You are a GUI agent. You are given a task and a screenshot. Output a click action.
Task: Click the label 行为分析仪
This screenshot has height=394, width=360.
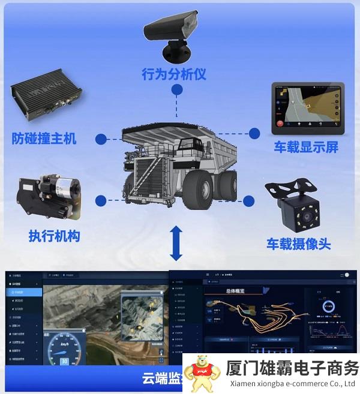[x=174, y=74]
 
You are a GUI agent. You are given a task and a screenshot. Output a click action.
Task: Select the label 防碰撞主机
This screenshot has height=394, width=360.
[x=44, y=139]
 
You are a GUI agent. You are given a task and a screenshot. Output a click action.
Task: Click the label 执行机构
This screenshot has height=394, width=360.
[x=54, y=236]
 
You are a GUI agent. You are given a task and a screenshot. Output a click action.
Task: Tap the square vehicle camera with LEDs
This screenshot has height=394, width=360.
[x=296, y=210]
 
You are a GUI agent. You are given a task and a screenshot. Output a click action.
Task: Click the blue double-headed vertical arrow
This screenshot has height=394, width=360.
[x=176, y=243]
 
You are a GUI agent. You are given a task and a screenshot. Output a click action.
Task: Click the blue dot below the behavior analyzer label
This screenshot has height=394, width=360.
[x=176, y=90]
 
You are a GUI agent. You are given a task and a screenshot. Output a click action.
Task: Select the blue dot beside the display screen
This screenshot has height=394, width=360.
[x=254, y=133]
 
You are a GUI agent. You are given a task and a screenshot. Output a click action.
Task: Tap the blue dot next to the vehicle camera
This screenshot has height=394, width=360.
[x=249, y=200]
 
